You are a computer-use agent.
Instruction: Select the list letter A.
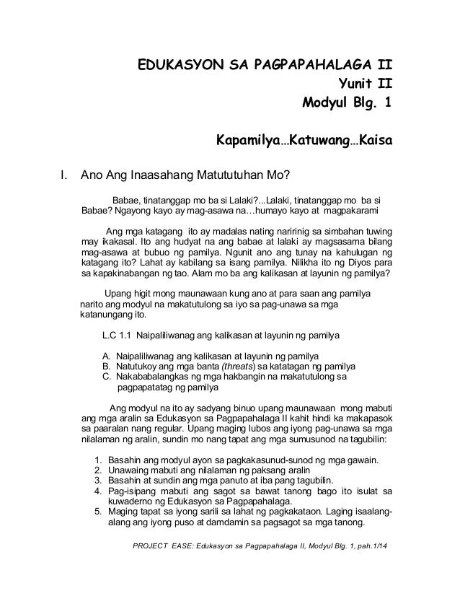pos(107,356)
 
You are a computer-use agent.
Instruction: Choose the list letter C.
pos(107,376)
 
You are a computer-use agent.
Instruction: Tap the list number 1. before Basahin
pos(98,461)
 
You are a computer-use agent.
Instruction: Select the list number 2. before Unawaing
pos(98,471)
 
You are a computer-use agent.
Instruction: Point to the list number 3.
pos(98,481)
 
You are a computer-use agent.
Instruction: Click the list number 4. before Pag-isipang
pos(98,491)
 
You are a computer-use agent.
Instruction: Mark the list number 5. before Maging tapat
pos(98,512)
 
